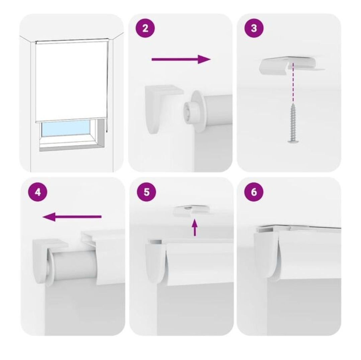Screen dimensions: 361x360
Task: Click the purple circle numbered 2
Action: [145, 28]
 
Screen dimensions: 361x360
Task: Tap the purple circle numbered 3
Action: [254, 28]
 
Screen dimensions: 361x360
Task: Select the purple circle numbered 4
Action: [38, 192]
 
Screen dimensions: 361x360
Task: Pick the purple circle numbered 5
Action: [147, 192]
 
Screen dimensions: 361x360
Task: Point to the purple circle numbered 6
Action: [254, 192]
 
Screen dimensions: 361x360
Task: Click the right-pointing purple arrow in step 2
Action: [181, 59]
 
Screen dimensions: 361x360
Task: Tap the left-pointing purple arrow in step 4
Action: [72, 217]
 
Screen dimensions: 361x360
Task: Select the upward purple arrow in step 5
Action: [195, 228]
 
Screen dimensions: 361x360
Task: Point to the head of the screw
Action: [293, 140]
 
